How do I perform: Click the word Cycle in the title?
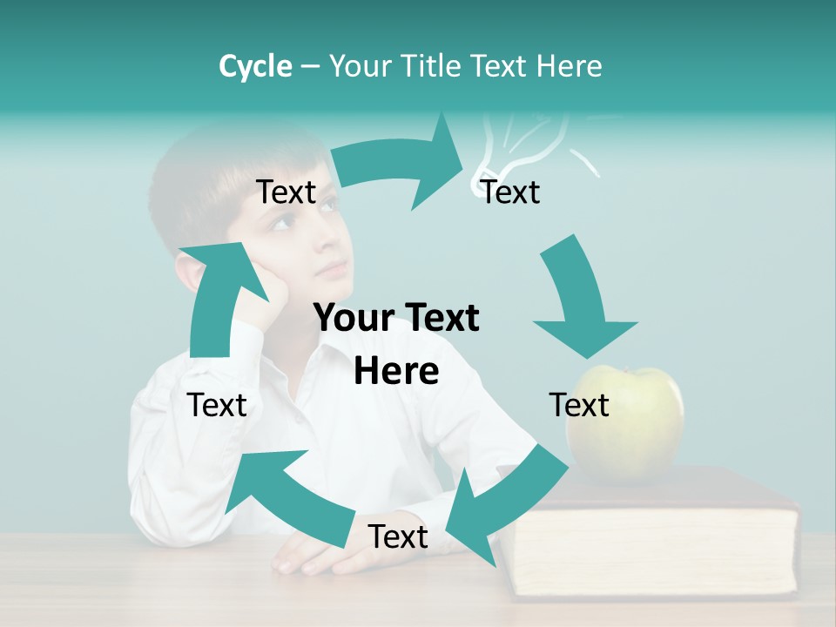point(255,66)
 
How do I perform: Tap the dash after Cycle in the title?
point(310,67)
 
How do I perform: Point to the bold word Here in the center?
point(396,371)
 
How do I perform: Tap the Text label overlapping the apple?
point(579,405)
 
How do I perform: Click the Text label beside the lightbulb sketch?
point(511,192)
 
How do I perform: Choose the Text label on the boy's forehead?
point(286,192)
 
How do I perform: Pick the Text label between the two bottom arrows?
point(398,536)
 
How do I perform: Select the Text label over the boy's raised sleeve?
point(217,405)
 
